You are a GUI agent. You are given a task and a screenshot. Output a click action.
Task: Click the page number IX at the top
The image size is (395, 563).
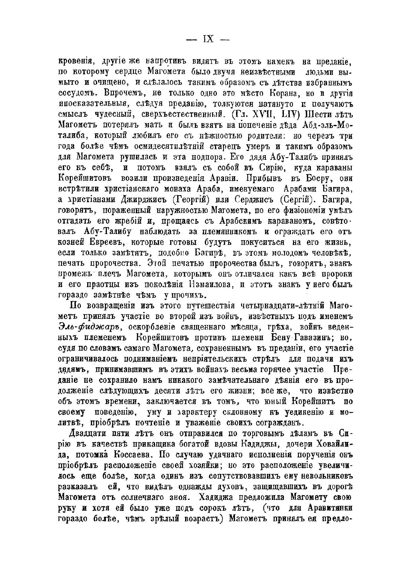click(x=208, y=39)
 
